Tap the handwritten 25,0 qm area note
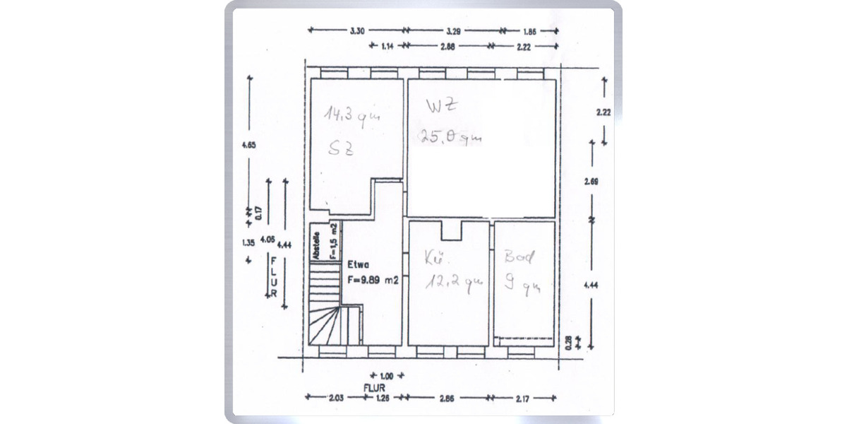pyautogui.click(x=451, y=137)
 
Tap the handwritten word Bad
pyautogui.click(x=519, y=257)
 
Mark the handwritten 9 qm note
pyautogui.click(x=522, y=285)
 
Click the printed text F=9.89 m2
pyautogui.click(x=373, y=280)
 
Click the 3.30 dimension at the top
pyautogui.click(x=357, y=31)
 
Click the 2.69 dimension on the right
pyautogui.click(x=591, y=182)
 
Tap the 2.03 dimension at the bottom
pyautogui.click(x=335, y=398)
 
